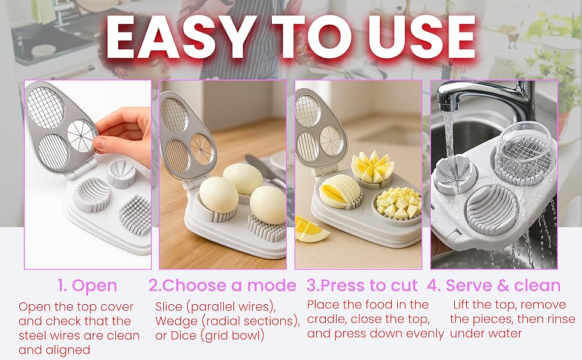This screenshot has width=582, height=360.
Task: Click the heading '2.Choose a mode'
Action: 223,286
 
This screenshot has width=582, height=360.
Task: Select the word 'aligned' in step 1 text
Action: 55,349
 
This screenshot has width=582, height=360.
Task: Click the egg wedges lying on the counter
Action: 311,229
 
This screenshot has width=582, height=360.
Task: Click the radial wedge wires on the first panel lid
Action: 82,133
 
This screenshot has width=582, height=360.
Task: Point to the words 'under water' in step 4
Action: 486,334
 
